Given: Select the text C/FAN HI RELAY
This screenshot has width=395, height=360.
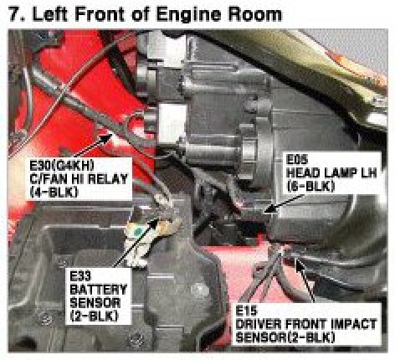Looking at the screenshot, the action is [79, 179].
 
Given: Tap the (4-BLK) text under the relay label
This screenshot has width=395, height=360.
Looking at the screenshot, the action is [54, 193].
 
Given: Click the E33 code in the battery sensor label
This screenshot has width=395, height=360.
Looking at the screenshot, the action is [80, 276].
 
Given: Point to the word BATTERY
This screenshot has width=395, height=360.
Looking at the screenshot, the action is [98, 290].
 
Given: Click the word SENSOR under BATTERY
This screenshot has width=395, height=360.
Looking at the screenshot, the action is [95, 303].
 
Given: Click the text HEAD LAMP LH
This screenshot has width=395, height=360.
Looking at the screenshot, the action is [331, 173].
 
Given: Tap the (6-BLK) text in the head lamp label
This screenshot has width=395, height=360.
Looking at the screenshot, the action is [310, 187].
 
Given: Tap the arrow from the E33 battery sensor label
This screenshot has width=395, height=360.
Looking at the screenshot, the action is [136, 242].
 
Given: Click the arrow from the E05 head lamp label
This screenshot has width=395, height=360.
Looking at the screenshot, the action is [285, 204].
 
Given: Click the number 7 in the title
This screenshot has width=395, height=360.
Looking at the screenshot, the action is [13, 14].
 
